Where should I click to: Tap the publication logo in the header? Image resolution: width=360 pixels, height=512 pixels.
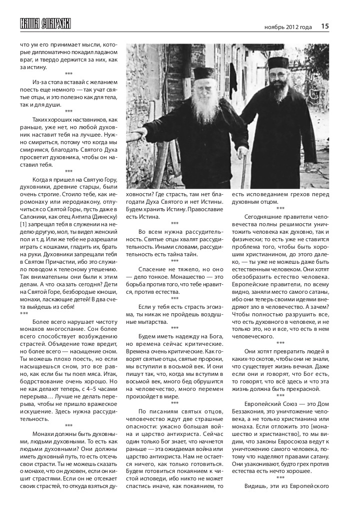click(45, 24)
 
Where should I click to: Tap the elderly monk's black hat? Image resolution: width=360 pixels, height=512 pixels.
click(203, 73)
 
